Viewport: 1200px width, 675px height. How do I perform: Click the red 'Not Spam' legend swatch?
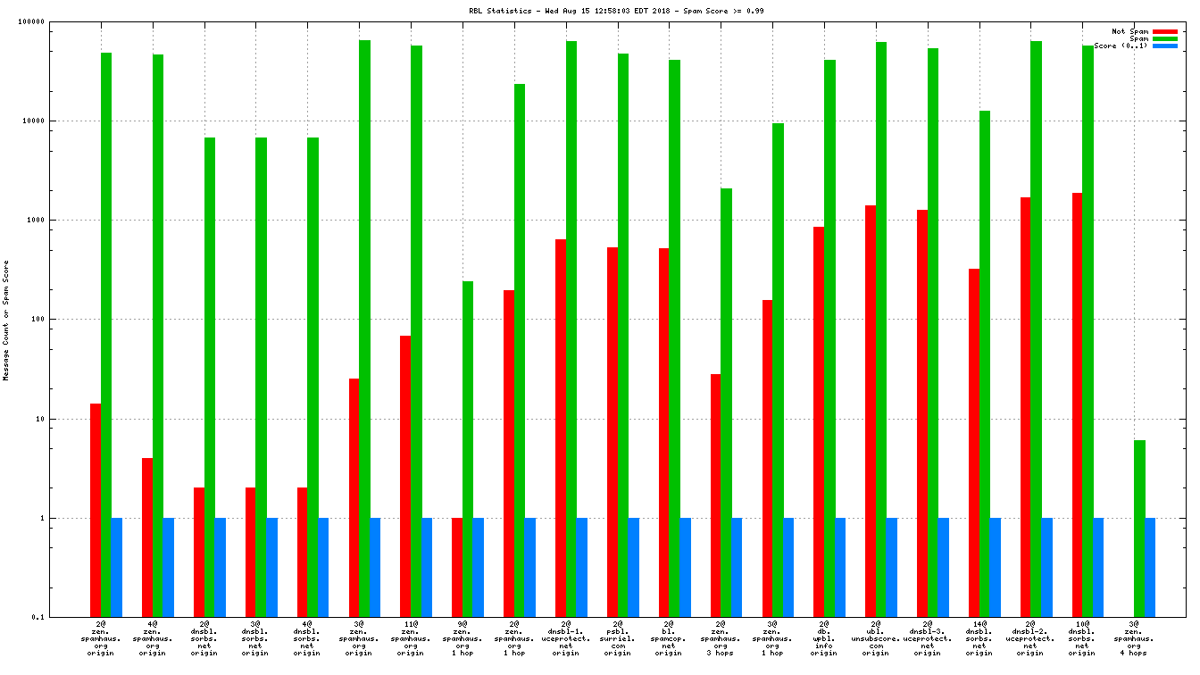pos(1165,31)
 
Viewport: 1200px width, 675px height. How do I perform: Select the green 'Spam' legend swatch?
pos(1165,38)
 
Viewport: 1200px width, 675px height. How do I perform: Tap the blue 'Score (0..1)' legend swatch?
pos(1165,46)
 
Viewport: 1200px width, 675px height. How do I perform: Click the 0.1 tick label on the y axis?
pos(62,617)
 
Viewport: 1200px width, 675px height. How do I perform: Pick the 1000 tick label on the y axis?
pos(60,220)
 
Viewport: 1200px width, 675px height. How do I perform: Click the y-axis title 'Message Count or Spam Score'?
pos(6,320)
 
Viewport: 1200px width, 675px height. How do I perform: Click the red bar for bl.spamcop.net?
pos(664,432)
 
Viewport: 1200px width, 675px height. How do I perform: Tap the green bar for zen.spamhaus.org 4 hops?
pos(1140,528)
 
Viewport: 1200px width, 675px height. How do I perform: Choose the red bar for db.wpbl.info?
pos(819,421)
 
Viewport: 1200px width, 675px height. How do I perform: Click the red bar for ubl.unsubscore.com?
pos(871,411)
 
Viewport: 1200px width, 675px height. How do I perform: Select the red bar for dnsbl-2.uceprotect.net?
pos(1026,406)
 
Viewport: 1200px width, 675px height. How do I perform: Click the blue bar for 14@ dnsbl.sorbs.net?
pos(995,567)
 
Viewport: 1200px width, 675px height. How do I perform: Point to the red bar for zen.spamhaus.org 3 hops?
pos(716,495)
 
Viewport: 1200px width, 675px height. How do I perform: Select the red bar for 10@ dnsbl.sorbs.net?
pos(1078,404)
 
